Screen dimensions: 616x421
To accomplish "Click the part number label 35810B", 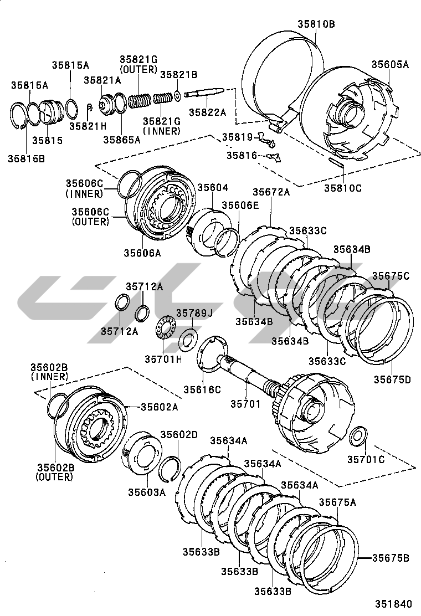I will click(x=316, y=24).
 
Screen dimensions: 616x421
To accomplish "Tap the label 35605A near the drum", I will click(x=389, y=64).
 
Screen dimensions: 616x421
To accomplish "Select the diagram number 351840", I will click(x=395, y=604).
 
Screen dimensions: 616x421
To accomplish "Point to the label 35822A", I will click(x=207, y=112).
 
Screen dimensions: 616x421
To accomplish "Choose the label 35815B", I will click(x=26, y=158).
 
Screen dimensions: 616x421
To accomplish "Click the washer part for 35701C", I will click(x=358, y=435).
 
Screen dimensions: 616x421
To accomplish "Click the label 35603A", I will click(x=147, y=492).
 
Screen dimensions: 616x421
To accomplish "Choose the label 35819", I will click(x=237, y=137).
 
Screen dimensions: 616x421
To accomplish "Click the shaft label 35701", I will click(x=245, y=404).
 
